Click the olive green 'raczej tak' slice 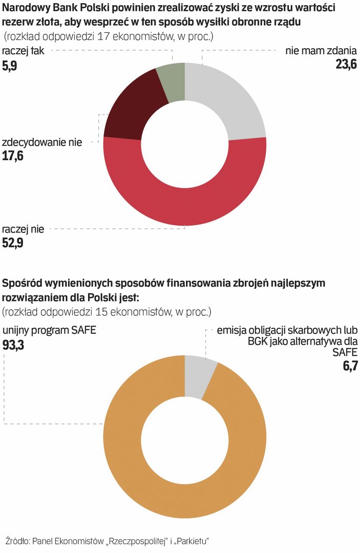[x=171, y=84]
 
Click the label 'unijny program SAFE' [x=49, y=330]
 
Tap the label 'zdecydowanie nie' [x=42, y=142]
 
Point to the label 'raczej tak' [x=24, y=51]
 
